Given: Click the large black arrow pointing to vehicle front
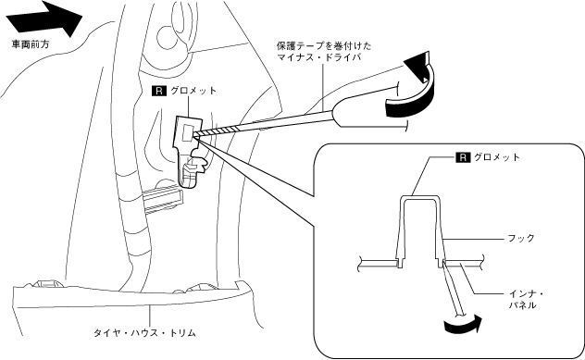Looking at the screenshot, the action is point(44,19).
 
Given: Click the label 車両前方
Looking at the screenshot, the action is point(30,44).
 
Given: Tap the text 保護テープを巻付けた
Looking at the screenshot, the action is point(324,45).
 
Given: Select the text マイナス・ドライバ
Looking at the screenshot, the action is point(318,57).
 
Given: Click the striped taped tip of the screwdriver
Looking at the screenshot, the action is point(217,130).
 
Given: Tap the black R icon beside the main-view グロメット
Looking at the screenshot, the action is point(159,91).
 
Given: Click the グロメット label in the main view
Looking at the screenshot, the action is point(193,91).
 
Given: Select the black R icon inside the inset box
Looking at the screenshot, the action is point(463,157).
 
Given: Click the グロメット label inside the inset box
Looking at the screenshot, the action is point(496,157).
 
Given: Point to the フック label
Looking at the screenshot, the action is point(521,238).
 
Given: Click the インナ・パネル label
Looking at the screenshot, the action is point(526,300).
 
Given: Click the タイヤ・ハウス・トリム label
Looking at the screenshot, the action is point(144,333).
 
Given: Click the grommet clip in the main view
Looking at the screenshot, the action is point(190,149).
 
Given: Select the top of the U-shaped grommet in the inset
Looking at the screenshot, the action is point(419,197).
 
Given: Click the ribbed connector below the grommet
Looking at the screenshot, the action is point(162,200).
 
